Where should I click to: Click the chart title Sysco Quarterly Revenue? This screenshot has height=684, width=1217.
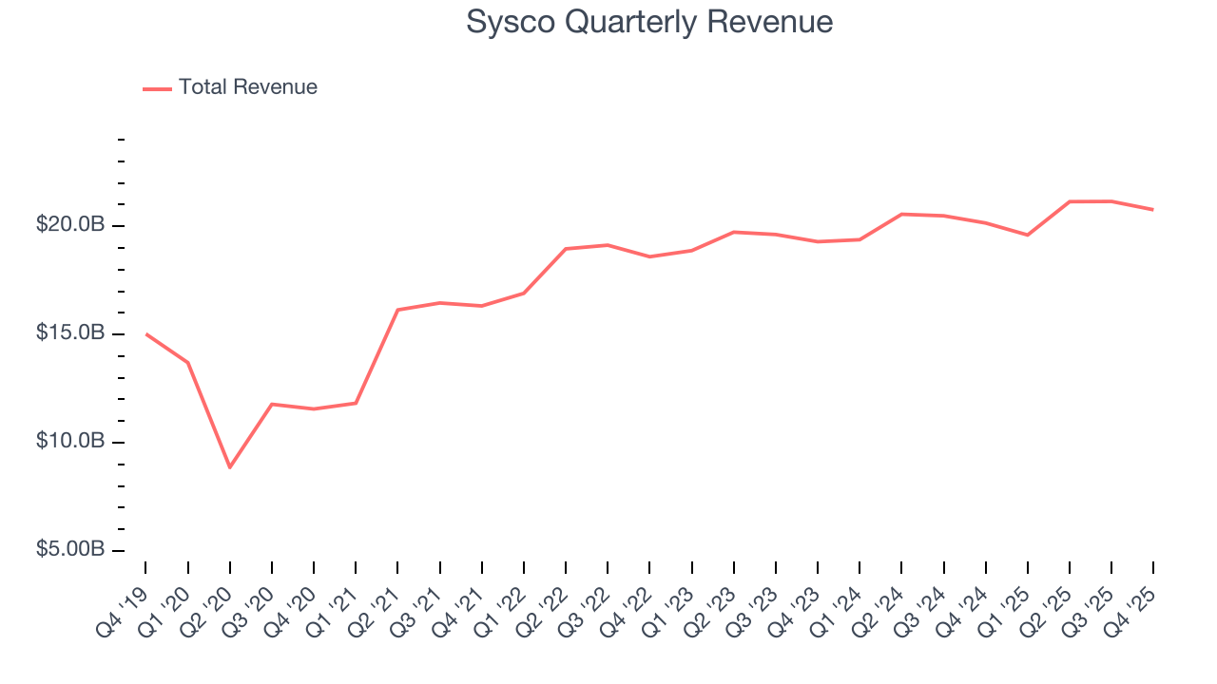click(649, 22)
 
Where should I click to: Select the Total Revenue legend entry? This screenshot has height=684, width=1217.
click(247, 87)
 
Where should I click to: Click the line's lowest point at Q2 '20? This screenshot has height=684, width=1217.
click(229, 467)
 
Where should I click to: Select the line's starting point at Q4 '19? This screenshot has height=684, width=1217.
click(145, 333)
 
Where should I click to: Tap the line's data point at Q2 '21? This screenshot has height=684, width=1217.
click(397, 310)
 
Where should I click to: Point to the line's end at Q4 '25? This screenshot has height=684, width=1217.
click(1153, 209)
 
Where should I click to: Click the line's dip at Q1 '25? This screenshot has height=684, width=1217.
click(1028, 235)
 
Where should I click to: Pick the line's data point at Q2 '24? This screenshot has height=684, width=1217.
click(901, 214)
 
